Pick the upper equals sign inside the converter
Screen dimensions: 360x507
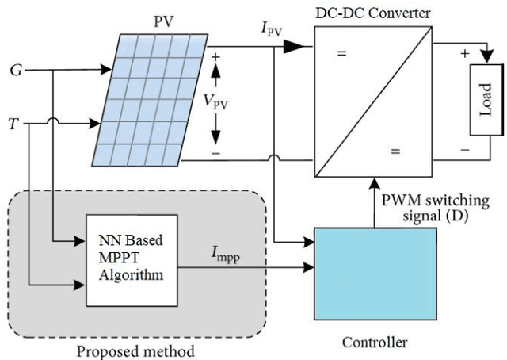[342, 54]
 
